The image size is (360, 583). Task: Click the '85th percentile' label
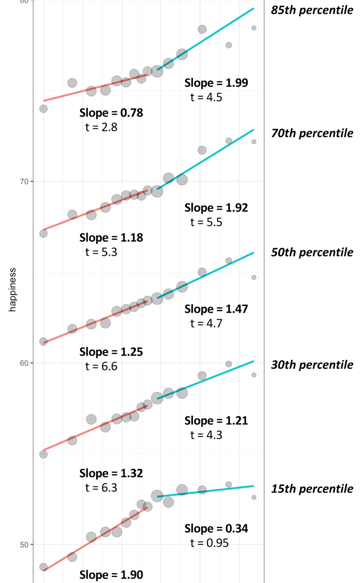(x=312, y=10)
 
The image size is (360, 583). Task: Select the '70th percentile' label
(x=312, y=133)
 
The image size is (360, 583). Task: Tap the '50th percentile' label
(x=312, y=252)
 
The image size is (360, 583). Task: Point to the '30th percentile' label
(x=312, y=365)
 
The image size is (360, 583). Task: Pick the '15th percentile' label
(x=312, y=488)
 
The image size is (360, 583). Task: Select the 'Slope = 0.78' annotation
(x=111, y=113)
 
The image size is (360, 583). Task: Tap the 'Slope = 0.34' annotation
(x=216, y=529)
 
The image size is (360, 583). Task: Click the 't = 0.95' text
(x=209, y=543)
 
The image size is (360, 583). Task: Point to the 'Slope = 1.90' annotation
(x=111, y=575)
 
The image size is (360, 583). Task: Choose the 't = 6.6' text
(x=101, y=366)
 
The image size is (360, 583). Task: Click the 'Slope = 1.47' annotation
(x=216, y=309)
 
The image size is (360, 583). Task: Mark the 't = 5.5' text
(x=206, y=222)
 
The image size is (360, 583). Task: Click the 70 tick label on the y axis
(x=24, y=181)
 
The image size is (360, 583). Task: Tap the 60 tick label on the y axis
(x=24, y=363)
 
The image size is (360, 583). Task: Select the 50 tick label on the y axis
(x=24, y=544)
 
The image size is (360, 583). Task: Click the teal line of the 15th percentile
(x=216, y=492)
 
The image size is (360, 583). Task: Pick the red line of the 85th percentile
(x=93, y=88)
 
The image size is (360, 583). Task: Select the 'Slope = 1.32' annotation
(x=111, y=473)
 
